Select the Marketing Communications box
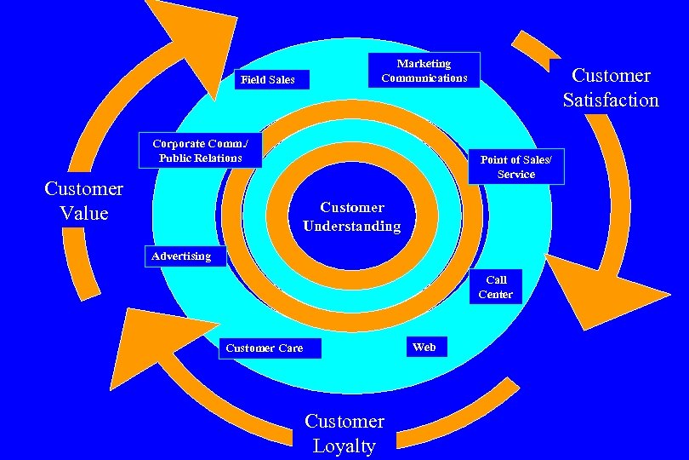coord(424,71)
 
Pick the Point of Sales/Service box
coord(515,167)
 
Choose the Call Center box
coord(496,287)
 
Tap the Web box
coord(424,347)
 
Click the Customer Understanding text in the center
coord(351,216)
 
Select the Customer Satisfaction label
coord(610,88)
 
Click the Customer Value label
coord(84,200)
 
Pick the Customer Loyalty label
coord(344,434)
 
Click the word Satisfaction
coord(611,101)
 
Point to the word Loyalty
coord(344,446)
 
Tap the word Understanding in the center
coord(351,227)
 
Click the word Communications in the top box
coord(424,78)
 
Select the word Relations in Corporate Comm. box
coord(216,158)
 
